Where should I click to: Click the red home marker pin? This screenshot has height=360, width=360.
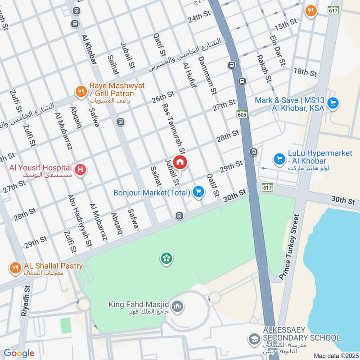(180, 162)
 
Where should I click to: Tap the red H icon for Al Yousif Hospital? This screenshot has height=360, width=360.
(81, 171)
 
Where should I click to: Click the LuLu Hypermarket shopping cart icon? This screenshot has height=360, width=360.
(279, 159)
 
